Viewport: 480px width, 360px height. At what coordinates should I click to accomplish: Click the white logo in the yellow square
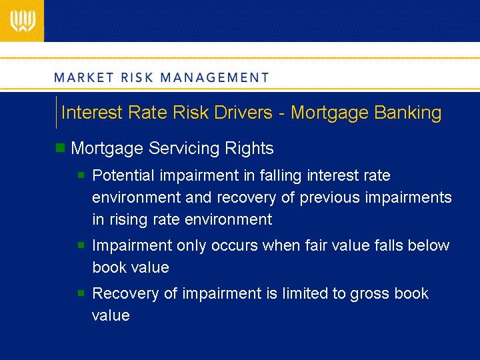23,21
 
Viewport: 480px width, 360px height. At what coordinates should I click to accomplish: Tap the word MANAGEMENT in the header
215,77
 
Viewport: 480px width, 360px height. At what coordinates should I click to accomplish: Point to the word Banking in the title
408,113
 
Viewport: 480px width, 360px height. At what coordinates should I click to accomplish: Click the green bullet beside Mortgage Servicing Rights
60,147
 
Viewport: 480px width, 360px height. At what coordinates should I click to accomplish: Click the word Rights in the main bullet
249,149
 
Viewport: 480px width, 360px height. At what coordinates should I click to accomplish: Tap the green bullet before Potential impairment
81,175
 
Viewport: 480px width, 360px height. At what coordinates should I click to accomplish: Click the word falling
281,176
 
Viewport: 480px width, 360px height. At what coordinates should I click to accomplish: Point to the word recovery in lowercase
246,198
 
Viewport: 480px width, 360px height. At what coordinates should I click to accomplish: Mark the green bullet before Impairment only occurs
81,245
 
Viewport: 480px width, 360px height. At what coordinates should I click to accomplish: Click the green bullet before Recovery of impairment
81,293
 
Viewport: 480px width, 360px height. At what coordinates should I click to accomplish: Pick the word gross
369,294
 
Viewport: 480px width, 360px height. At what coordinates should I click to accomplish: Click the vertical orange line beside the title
56,113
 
